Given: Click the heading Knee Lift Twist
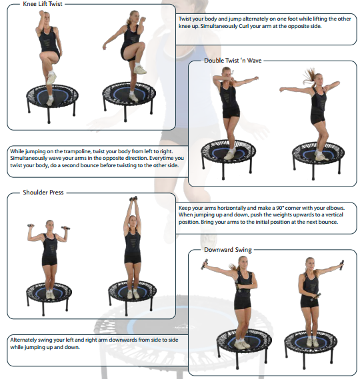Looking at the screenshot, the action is point(43,4).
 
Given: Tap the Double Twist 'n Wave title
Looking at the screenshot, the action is point(233,61).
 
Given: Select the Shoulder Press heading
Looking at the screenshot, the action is point(43,192).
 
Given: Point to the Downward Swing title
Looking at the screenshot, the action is point(228,250).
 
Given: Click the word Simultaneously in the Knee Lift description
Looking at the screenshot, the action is point(219,26).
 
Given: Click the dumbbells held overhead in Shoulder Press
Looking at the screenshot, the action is point(133,198).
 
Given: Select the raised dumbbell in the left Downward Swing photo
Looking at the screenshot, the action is point(205,264).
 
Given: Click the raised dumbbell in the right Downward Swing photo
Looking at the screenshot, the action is point(341,265).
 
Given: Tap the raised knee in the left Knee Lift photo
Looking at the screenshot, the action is point(43,56).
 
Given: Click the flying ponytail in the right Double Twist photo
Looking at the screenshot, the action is point(309,75).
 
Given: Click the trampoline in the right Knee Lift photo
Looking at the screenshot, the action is point(129,99).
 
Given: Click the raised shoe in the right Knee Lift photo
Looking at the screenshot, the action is point(140,70).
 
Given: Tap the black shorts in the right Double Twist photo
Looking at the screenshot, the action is point(317,118).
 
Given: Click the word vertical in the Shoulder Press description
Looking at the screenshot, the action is point(335,214).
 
